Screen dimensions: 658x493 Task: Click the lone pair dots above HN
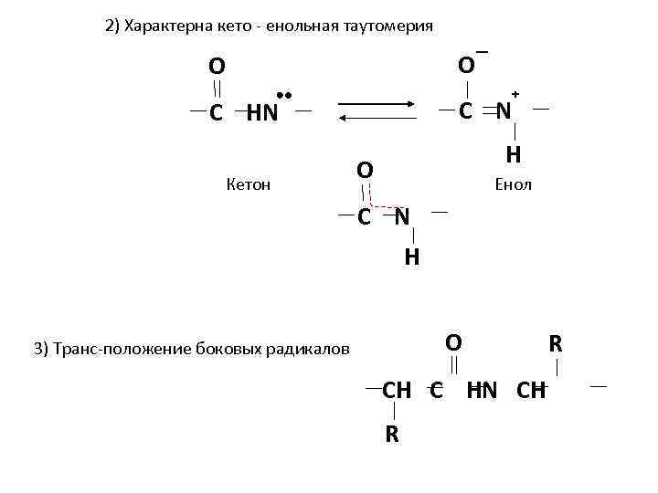(x=283, y=95)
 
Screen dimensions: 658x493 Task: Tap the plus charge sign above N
(x=515, y=94)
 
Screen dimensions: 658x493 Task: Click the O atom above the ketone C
(x=217, y=67)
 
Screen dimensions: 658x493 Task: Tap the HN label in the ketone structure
(x=262, y=114)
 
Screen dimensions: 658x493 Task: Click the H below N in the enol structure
(x=514, y=155)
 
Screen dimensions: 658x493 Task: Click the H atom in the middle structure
(x=412, y=257)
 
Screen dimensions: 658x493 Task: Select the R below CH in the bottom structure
(x=391, y=434)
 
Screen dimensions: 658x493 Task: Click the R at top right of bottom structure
(x=556, y=344)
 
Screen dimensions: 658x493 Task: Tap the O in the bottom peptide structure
(x=453, y=342)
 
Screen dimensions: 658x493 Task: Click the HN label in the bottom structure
(x=483, y=391)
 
